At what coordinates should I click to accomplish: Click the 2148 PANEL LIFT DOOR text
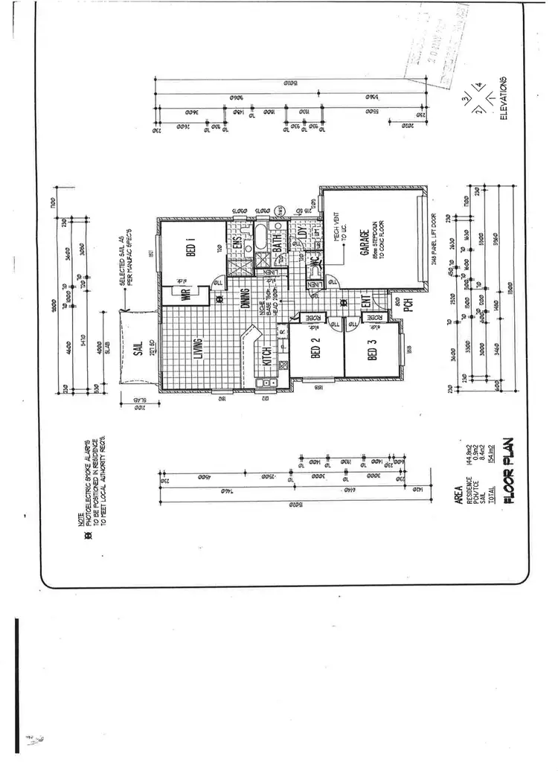click(434, 240)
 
